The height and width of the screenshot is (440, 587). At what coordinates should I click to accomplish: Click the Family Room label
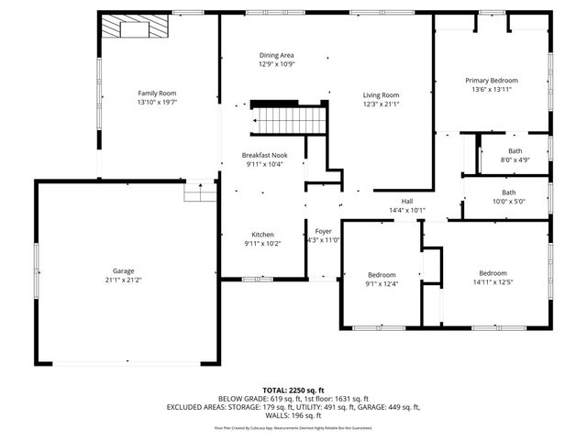pos(157,93)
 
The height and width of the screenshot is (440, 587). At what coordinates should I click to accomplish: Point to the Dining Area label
pos(276,55)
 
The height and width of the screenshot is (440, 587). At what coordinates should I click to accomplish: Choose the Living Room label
pos(381,94)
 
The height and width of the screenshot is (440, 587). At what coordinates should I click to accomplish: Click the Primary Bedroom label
pos(491,81)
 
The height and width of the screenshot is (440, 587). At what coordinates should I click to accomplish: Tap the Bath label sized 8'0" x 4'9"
pos(515,152)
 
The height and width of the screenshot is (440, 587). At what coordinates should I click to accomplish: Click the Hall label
pos(407,201)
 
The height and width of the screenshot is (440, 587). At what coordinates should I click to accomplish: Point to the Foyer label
pos(323,231)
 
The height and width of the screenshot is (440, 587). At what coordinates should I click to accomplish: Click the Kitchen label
pos(263,235)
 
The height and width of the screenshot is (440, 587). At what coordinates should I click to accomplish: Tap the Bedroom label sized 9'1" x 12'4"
pos(382,275)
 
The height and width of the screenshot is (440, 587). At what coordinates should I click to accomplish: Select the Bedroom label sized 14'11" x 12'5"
pos(493,273)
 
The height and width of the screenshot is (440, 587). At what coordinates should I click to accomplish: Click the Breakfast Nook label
pos(263,155)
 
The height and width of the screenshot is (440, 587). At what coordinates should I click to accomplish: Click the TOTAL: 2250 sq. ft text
pos(293,390)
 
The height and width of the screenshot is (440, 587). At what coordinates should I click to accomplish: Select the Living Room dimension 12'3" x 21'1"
pos(381,104)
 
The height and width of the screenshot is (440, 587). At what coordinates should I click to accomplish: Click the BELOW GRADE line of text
pos(293,399)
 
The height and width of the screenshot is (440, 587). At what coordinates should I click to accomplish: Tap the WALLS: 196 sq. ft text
pos(293,415)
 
